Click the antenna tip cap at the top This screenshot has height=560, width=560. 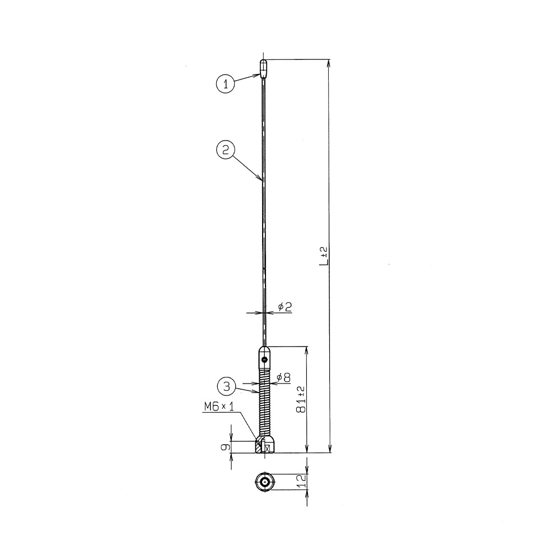[x=264, y=67]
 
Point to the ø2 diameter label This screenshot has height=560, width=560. [x=284, y=306]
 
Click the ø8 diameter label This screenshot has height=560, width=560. [x=283, y=377]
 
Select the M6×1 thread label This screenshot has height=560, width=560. [x=219, y=408]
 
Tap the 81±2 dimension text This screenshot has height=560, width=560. [x=301, y=399]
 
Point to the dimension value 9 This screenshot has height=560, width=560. [x=225, y=446]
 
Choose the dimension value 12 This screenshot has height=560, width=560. [x=301, y=480]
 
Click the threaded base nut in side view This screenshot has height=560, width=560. [x=264, y=446]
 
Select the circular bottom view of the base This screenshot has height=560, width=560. [x=264, y=481]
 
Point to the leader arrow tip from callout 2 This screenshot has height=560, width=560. [x=262, y=180]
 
